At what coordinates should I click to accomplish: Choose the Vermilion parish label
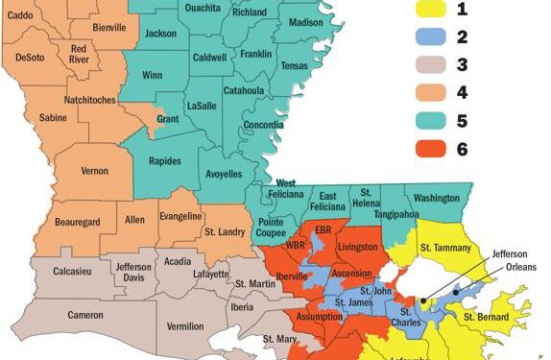(x=185, y=326)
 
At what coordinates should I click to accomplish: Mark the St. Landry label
(x=224, y=230)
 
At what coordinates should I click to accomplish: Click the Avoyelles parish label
(x=223, y=175)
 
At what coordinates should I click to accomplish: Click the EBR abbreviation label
(x=323, y=231)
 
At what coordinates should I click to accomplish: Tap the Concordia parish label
(x=263, y=150)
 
